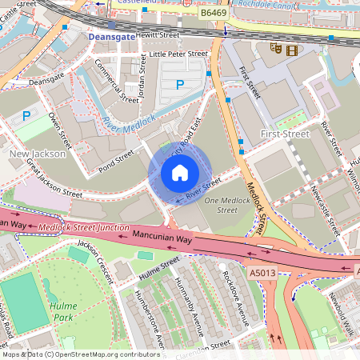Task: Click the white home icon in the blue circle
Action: [179, 172]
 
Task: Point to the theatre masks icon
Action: [276, 49]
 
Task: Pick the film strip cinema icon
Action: [290, 50]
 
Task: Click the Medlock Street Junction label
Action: [84, 229]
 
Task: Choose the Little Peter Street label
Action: [178, 54]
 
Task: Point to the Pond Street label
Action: [117, 157]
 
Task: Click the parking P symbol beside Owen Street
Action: [26, 115]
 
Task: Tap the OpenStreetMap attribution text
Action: [80, 354]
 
